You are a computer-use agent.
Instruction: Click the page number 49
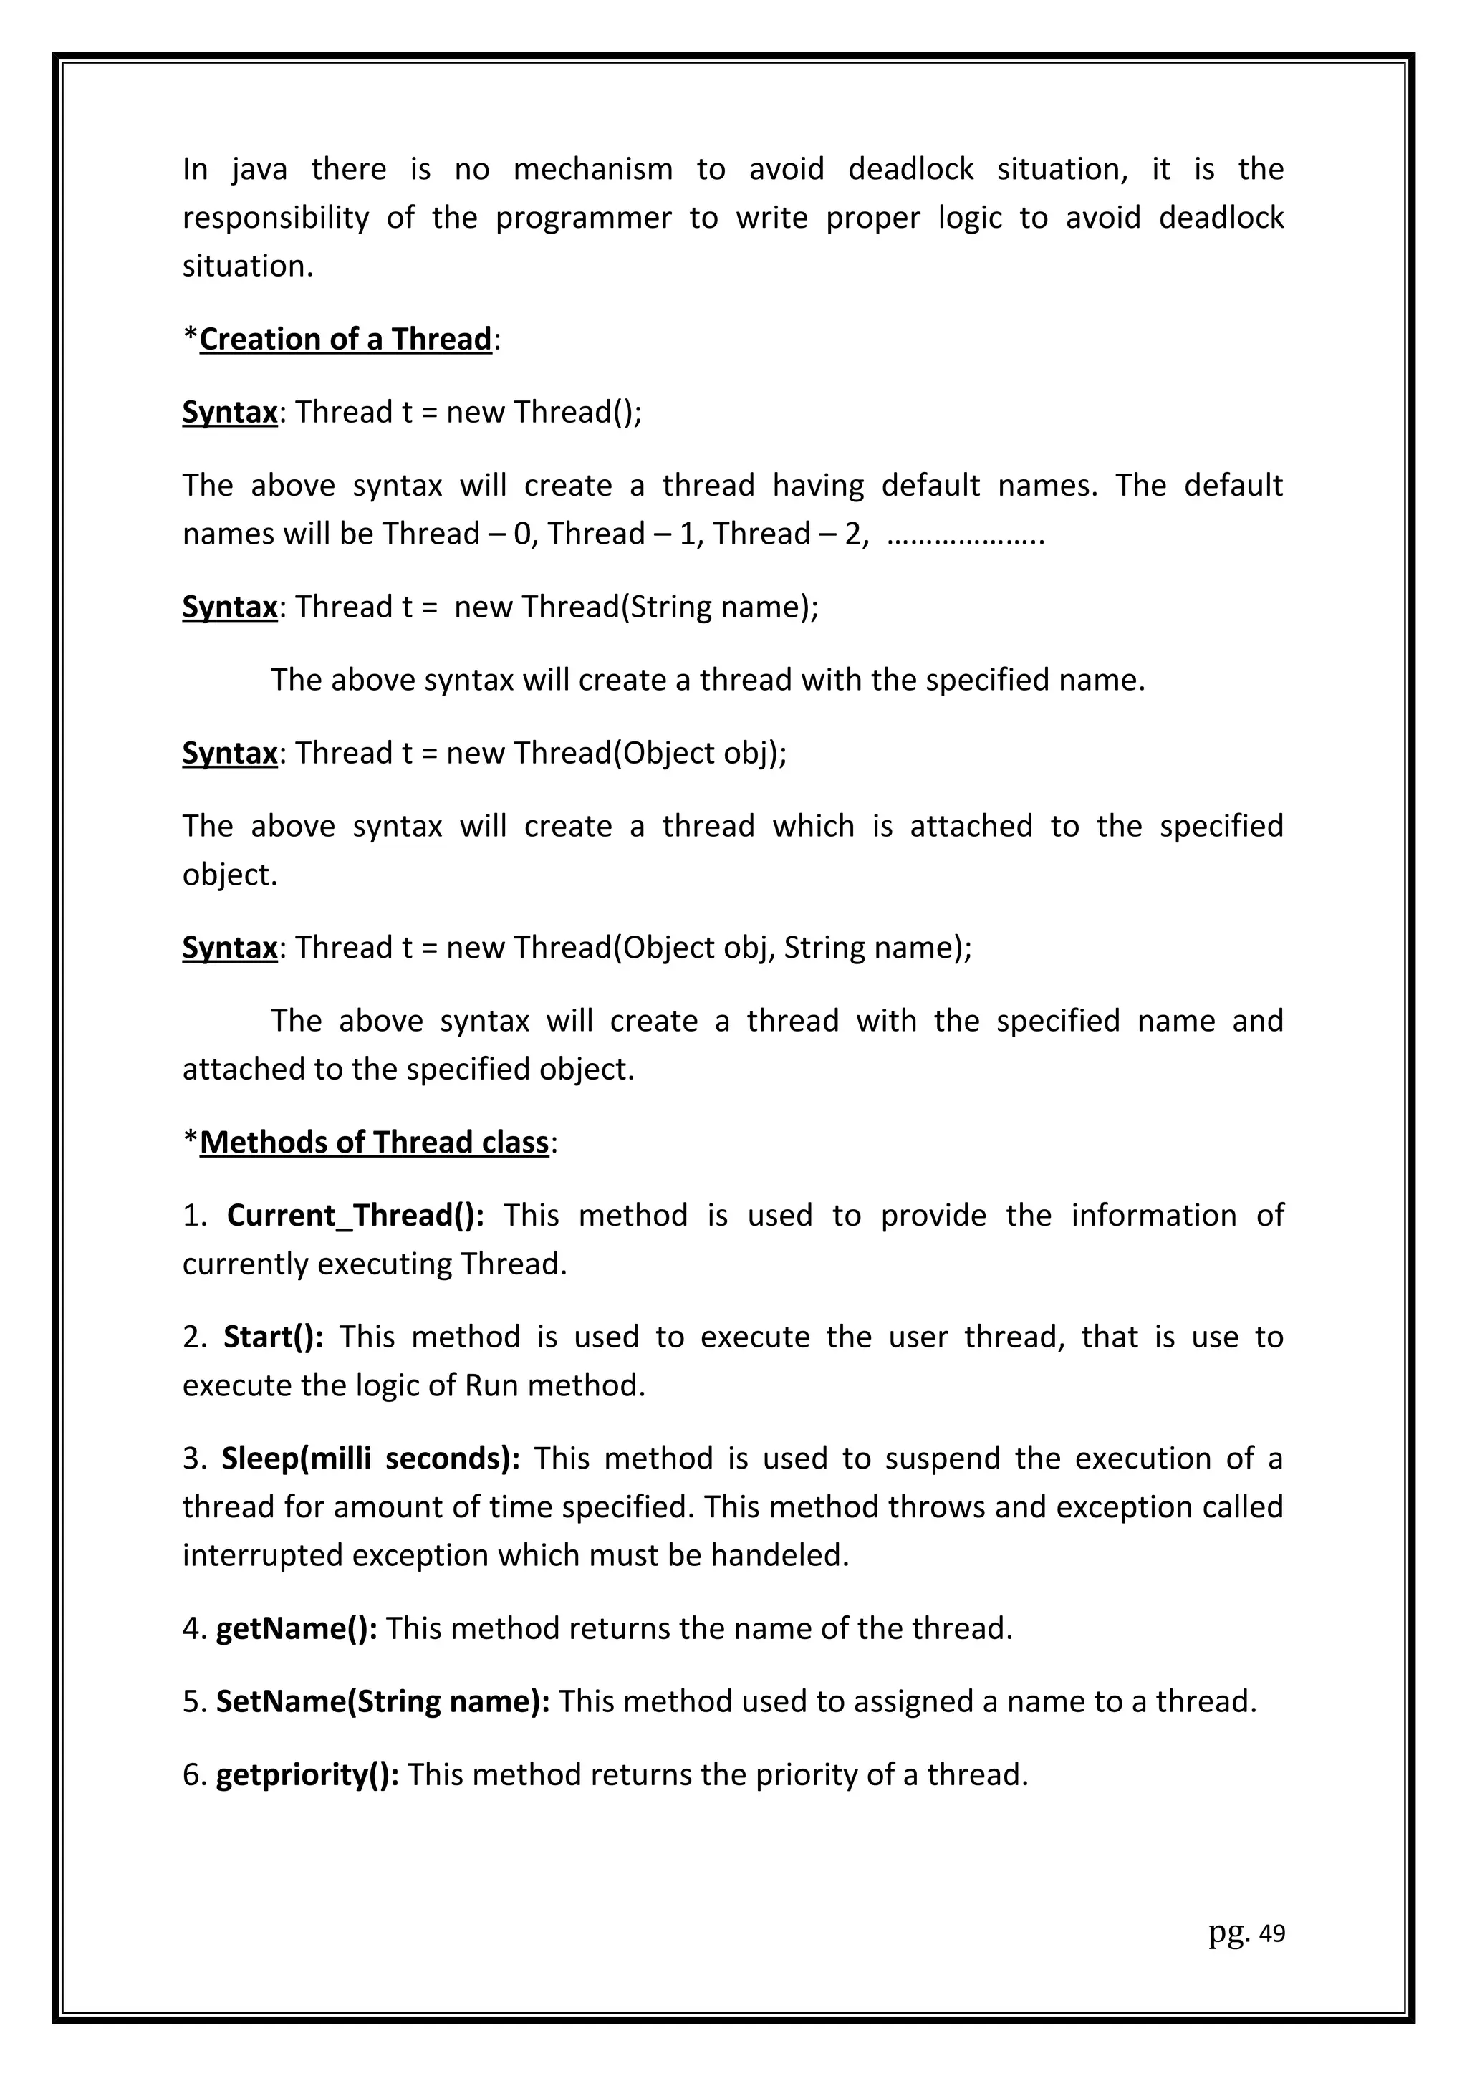coord(1271,1934)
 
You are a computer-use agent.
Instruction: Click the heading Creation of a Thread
coord(345,339)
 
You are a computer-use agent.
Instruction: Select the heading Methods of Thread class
coord(374,1142)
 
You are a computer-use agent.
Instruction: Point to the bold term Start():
coord(273,1337)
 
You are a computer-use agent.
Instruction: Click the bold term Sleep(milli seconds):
coord(370,1459)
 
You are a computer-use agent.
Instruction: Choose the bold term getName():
coord(297,1628)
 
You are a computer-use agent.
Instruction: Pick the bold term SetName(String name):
coord(383,1701)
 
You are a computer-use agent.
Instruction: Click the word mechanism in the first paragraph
coord(593,169)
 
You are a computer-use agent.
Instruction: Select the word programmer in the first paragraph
coord(582,218)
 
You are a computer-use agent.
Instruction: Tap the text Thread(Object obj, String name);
coord(743,948)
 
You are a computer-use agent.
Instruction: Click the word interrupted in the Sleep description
coord(263,1555)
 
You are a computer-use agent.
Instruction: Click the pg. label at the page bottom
coord(1228,1933)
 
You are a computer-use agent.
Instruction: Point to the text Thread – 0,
coord(459,534)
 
